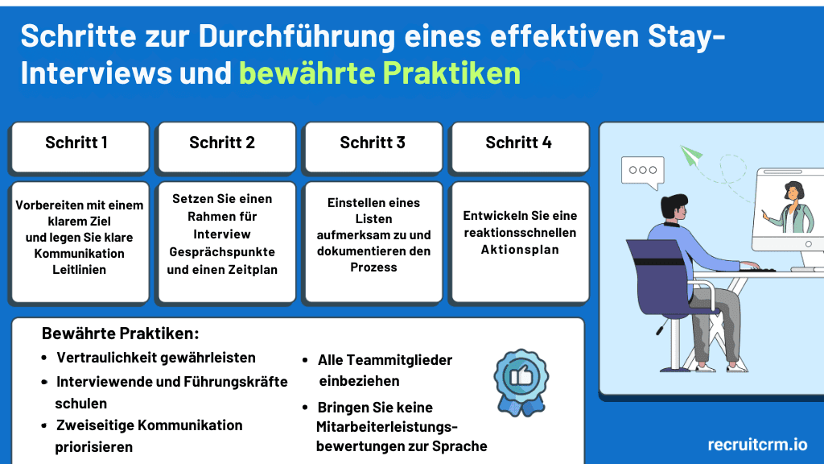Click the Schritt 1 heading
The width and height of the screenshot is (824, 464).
76,143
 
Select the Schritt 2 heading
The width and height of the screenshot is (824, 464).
222,143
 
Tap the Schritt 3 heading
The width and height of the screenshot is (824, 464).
373,143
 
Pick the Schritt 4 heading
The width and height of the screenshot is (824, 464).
518,143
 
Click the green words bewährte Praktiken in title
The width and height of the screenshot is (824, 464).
380,73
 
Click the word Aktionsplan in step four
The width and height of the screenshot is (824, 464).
520,250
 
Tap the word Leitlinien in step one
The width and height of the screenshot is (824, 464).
80,270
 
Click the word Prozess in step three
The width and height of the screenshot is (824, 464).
373,267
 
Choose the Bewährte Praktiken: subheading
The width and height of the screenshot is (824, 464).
120,333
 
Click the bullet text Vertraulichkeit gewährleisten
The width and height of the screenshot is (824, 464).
156,358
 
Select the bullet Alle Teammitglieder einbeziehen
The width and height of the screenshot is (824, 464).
385,370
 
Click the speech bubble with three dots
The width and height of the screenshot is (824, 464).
642,171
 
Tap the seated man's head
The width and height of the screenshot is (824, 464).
674,209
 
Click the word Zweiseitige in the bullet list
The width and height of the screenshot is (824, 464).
94,425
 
